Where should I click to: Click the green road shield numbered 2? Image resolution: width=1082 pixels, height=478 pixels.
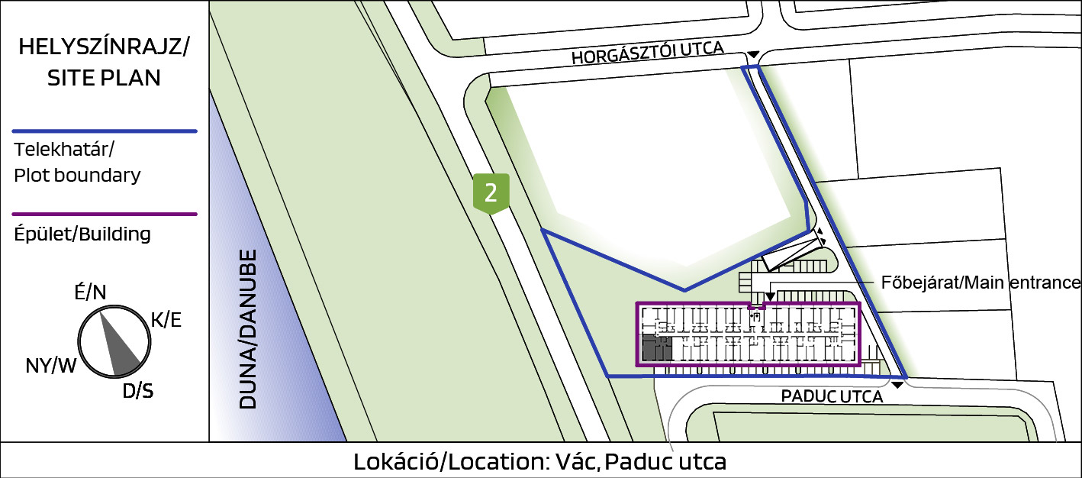tap(491, 193)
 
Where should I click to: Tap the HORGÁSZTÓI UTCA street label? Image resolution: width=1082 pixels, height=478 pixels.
tap(648, 53)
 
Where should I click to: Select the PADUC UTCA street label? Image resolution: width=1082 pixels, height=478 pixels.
tap(832, 397)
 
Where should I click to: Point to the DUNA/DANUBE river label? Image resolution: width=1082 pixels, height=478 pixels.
tap(248, 329)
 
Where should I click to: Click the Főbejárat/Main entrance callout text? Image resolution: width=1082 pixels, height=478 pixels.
tap(981, 283)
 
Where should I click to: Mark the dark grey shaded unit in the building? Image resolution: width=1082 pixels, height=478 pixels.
tap(657, 348)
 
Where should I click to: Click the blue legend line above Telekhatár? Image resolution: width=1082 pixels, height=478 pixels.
tap(105, 131)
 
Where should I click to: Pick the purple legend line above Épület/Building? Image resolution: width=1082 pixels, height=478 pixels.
tap(105, 214)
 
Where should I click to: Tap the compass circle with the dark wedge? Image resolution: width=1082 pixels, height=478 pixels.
tap(114, 341)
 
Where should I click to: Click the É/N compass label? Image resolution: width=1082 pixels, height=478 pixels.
tap(90, 292)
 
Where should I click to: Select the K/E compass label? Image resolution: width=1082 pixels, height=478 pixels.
tap(166, 320)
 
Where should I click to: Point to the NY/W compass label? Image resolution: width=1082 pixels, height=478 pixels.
tap(50, 366)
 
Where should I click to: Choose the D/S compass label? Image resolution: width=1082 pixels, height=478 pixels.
tap(137, 391)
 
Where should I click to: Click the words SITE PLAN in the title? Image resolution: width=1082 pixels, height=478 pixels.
tap(104, 78)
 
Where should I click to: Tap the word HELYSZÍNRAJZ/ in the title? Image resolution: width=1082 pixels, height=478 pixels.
tap(104, 47)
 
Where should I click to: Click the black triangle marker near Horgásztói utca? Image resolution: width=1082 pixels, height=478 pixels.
tap(753, 54)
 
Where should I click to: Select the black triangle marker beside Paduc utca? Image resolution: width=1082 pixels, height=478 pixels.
tap(897, 385)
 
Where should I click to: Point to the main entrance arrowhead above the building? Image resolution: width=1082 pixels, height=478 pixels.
tap(771, 296)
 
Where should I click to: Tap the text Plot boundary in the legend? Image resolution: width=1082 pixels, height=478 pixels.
tap(77, 175)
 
